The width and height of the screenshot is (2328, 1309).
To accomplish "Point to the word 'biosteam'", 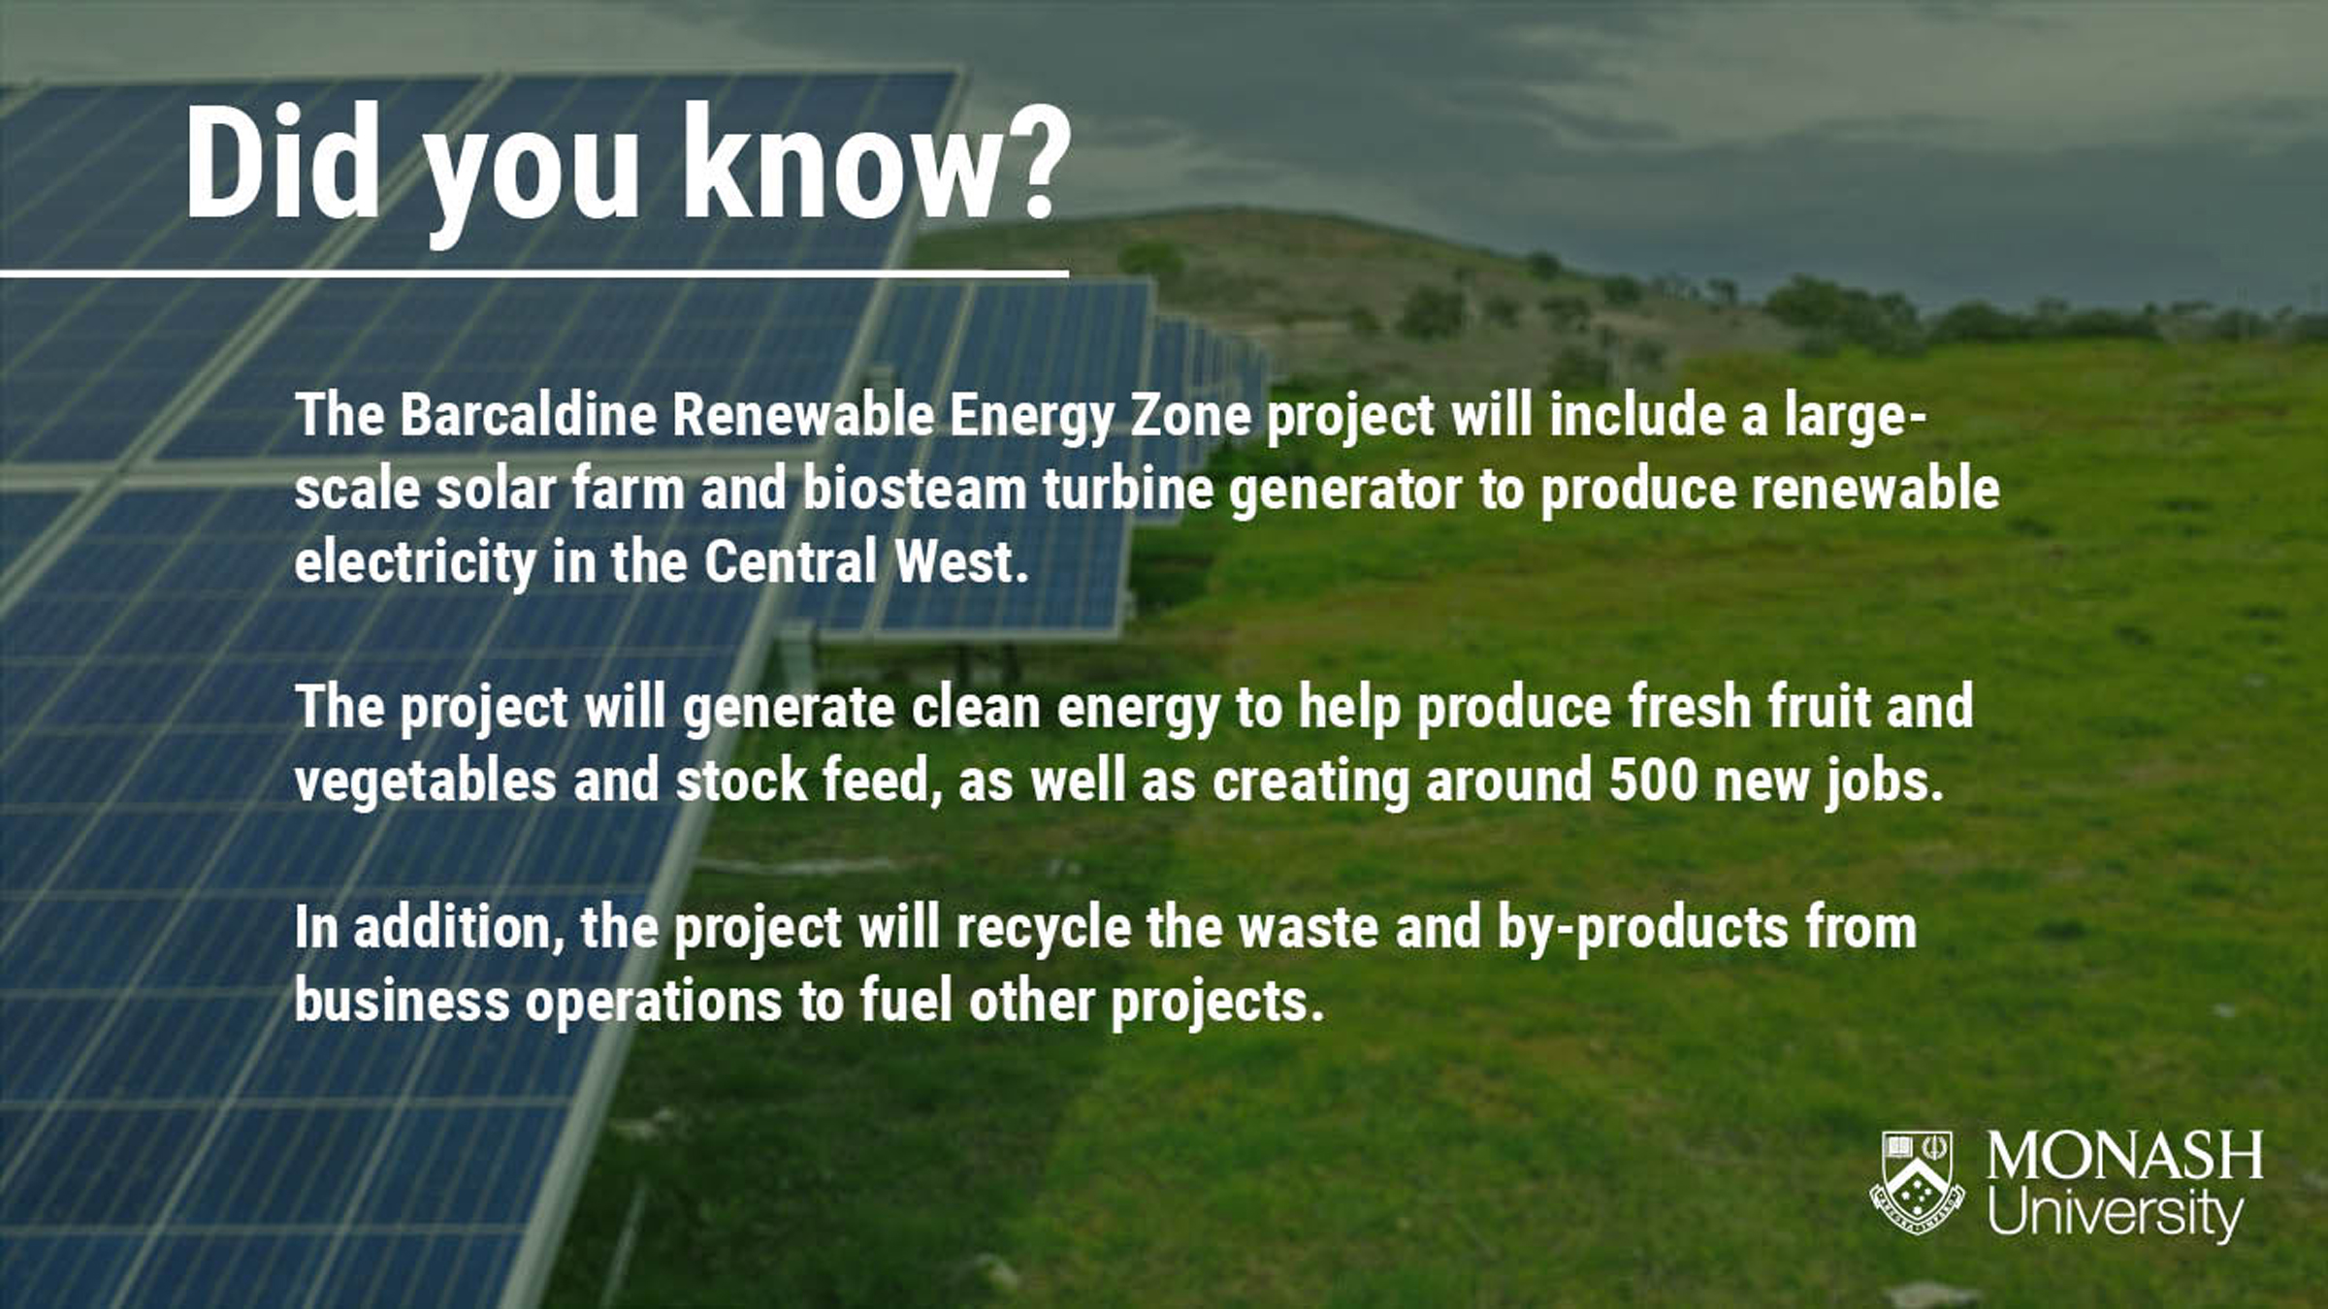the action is click(x=915, y=488).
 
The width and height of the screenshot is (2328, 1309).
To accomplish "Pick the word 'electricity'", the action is click(x=415, y=562).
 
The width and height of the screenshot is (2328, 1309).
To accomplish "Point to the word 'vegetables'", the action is click(x=426, y=782).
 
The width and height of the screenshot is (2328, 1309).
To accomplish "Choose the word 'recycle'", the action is click(x=1043, y=928).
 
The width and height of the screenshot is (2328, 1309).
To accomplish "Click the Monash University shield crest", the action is click(x=1916, y=1182).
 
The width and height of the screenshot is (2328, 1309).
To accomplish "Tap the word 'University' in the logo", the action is click(x=2116, y=1211).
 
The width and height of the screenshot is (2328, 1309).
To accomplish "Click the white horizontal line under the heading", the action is click(x=534, y=274).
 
